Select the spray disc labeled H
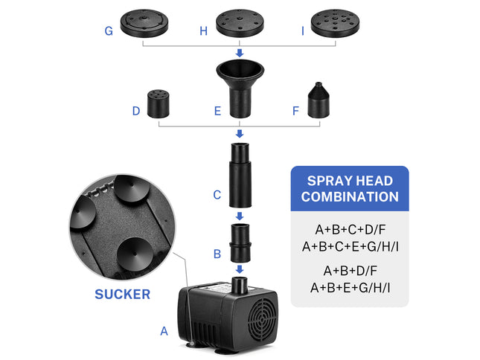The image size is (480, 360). [240, 23]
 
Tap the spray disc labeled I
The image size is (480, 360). [335, 23]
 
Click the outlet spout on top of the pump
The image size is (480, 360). [240, 284]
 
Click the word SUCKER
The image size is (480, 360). [122, 294]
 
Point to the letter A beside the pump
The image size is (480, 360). [164, 332]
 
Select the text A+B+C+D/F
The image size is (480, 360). [349, 231]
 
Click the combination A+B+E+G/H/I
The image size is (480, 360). [349, 287]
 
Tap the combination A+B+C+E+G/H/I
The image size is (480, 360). [349, 246]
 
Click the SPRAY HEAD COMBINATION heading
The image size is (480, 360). [349, 189]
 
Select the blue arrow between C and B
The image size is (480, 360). [240, 216]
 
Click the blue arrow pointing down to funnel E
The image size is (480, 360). [240, 53]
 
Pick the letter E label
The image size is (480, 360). [217, 112]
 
